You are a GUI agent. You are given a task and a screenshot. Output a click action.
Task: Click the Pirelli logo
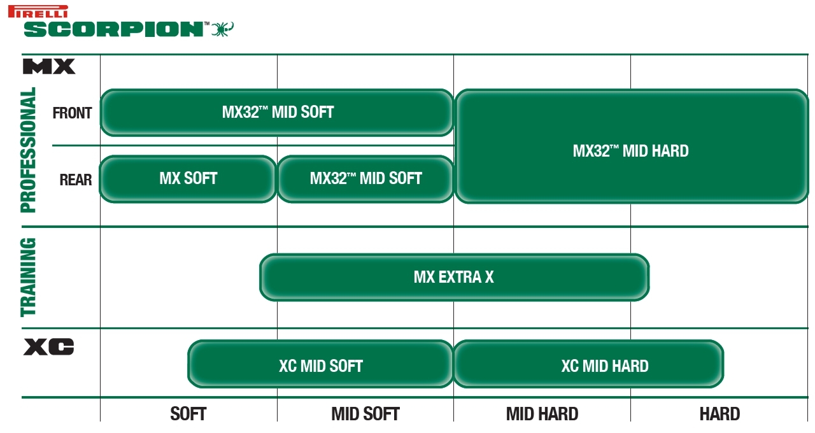point(38,11)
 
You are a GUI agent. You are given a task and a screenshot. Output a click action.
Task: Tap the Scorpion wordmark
point(113,29)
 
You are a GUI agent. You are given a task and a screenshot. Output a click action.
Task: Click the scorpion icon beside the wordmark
point(223,29)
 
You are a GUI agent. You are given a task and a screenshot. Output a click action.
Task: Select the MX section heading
point(49,67)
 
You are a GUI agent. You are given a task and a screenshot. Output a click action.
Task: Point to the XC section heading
point(49,347)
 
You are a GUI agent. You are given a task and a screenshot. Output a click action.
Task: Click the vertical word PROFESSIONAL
point(28,150)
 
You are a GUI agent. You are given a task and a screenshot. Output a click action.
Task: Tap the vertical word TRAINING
point(28,277)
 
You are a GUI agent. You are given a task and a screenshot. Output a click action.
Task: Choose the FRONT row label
point(72,113)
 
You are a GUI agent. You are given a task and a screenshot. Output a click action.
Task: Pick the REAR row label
point(76,180)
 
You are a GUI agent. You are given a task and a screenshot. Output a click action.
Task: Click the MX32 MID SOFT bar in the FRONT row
point(277,113)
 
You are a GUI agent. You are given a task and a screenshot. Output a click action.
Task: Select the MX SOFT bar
point(188,179)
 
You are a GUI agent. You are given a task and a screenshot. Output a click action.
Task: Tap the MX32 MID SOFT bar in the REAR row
point(365,179)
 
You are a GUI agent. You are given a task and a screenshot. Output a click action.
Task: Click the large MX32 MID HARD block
point(632,146)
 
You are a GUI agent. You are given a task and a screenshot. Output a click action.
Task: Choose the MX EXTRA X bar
point(454,277)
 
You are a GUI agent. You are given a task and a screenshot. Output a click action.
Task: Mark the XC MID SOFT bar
point(320,364)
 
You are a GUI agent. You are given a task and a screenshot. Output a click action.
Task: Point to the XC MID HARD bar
point(589,364)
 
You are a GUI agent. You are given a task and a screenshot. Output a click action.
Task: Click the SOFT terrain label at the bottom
point(188,414)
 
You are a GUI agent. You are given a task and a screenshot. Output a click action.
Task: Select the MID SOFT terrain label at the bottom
point(365,414)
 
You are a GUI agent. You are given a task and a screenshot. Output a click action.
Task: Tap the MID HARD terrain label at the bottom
point(542,414)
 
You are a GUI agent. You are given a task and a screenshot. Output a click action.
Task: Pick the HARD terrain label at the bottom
point(719,414)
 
